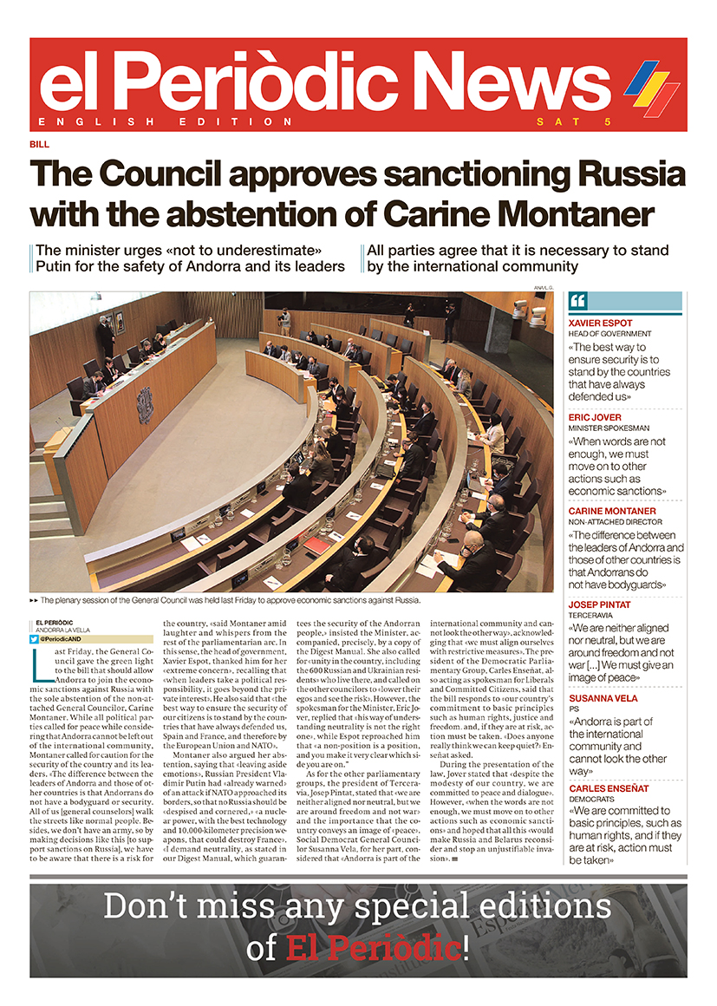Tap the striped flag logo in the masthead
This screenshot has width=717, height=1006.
tap(651, 88)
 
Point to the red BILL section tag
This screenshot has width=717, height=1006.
tap(39, 145)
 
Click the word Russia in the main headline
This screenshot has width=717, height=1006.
tap(626, 174)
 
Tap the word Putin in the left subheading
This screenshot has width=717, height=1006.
tap(58, 266)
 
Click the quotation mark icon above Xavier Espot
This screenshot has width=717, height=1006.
tap(579, 301)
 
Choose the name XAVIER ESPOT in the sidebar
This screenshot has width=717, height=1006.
tap(599, 322)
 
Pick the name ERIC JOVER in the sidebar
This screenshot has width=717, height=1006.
tap(593, 418)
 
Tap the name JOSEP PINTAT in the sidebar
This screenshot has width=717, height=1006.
tap(599, 604)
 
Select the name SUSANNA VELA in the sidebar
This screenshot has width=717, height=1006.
tap(603, 698)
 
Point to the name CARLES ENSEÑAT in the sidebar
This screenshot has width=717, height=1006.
tap(609, 788)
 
